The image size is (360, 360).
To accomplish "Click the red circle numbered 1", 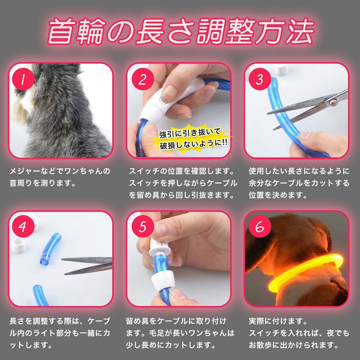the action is (x=23, y=79).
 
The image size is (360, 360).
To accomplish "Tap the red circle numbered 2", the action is (x=143, y=79).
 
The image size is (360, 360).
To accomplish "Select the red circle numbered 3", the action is (x=260, y=79).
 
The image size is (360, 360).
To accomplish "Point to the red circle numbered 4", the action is (x=23, y=226).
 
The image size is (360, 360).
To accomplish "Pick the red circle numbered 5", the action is (x=143, y=226).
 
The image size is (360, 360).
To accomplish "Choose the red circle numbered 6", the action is (x=260, y=226).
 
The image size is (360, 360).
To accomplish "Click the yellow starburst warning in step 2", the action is (x=190, y=138).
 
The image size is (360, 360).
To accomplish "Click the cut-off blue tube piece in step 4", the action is (x=51, y=249).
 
